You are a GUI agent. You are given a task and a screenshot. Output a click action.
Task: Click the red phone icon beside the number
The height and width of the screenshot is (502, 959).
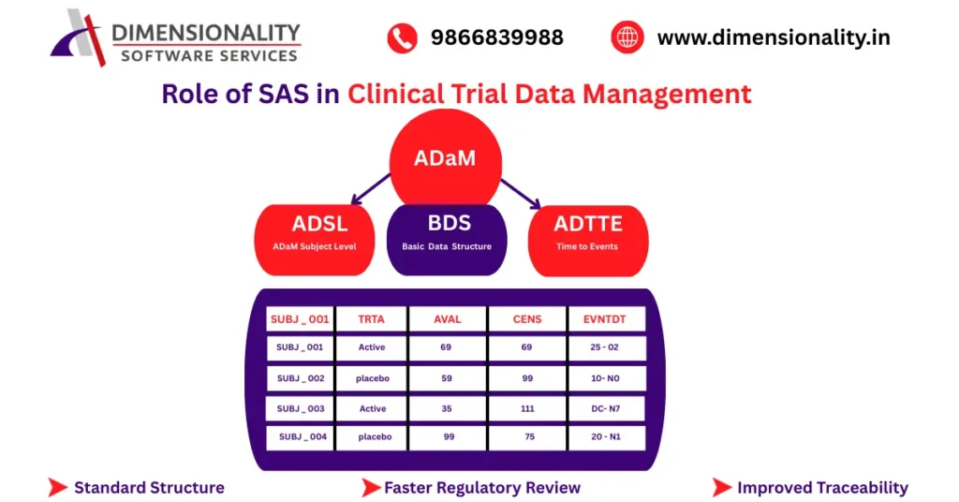(x=402, y=38)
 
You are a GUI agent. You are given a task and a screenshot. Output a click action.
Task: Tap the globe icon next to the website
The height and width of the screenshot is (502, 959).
(x=627, y=38)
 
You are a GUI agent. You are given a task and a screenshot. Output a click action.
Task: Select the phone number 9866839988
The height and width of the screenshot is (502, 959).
(x=496, y=38)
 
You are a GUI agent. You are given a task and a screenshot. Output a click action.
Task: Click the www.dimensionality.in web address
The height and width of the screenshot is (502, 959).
(x=773, y=38)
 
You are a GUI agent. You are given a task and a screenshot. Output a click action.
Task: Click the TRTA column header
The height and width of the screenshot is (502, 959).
(x=372, y=318)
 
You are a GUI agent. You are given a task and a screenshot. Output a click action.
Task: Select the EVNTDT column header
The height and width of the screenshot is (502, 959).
(x=607, y=318)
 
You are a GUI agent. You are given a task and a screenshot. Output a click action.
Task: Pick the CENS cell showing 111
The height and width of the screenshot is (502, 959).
(x=527, y=408)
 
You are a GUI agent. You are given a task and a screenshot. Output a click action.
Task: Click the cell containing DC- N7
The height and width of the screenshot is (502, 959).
(x=607, y=408)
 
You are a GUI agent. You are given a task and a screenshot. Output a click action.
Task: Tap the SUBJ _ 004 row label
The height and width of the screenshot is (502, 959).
(x=302, y=437)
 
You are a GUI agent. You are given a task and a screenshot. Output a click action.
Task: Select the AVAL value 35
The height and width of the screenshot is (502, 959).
(x=447, y=408)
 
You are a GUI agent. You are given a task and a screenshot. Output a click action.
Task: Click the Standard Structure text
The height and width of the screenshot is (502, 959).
(x=149, y=487)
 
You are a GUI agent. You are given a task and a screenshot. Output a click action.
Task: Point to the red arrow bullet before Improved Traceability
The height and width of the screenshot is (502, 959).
(x=721, y=487)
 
